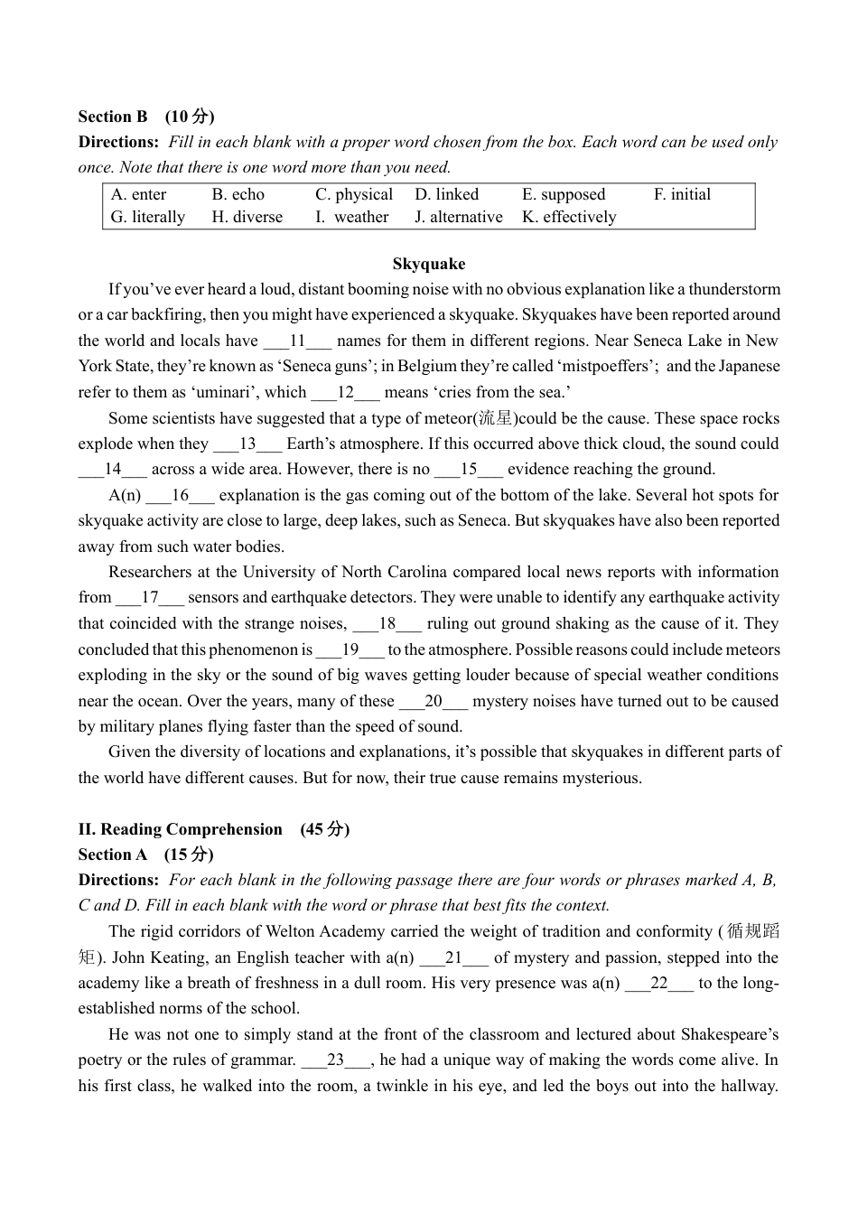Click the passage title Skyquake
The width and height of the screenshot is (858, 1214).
click(x=429, y=264)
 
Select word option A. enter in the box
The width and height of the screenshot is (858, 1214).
click(x=138, y=194)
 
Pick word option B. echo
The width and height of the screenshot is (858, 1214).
click(x=238, y=194)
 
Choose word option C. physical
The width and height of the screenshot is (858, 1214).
click(x=354, y=194)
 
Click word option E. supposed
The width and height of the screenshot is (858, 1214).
click(x=564, y=194)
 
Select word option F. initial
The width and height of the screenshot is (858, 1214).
click(x=682, y=194)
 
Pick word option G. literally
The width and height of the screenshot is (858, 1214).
click(x=148, y=217)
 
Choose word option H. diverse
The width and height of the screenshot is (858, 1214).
click(x=247, y=217)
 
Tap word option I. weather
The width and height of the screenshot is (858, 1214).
click(x=352, y=217)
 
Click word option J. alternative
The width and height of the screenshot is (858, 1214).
click(x=459, y=217)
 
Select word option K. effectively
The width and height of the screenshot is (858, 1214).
click(x=569, y=217)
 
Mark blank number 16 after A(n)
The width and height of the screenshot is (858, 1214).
click(x=180, y=496)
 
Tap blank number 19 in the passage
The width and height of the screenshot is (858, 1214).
click(x=350, y=650)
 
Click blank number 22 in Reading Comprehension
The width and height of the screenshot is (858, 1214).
click(x=659, y=984)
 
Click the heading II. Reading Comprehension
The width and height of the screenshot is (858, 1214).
click(x=181, y=829)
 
